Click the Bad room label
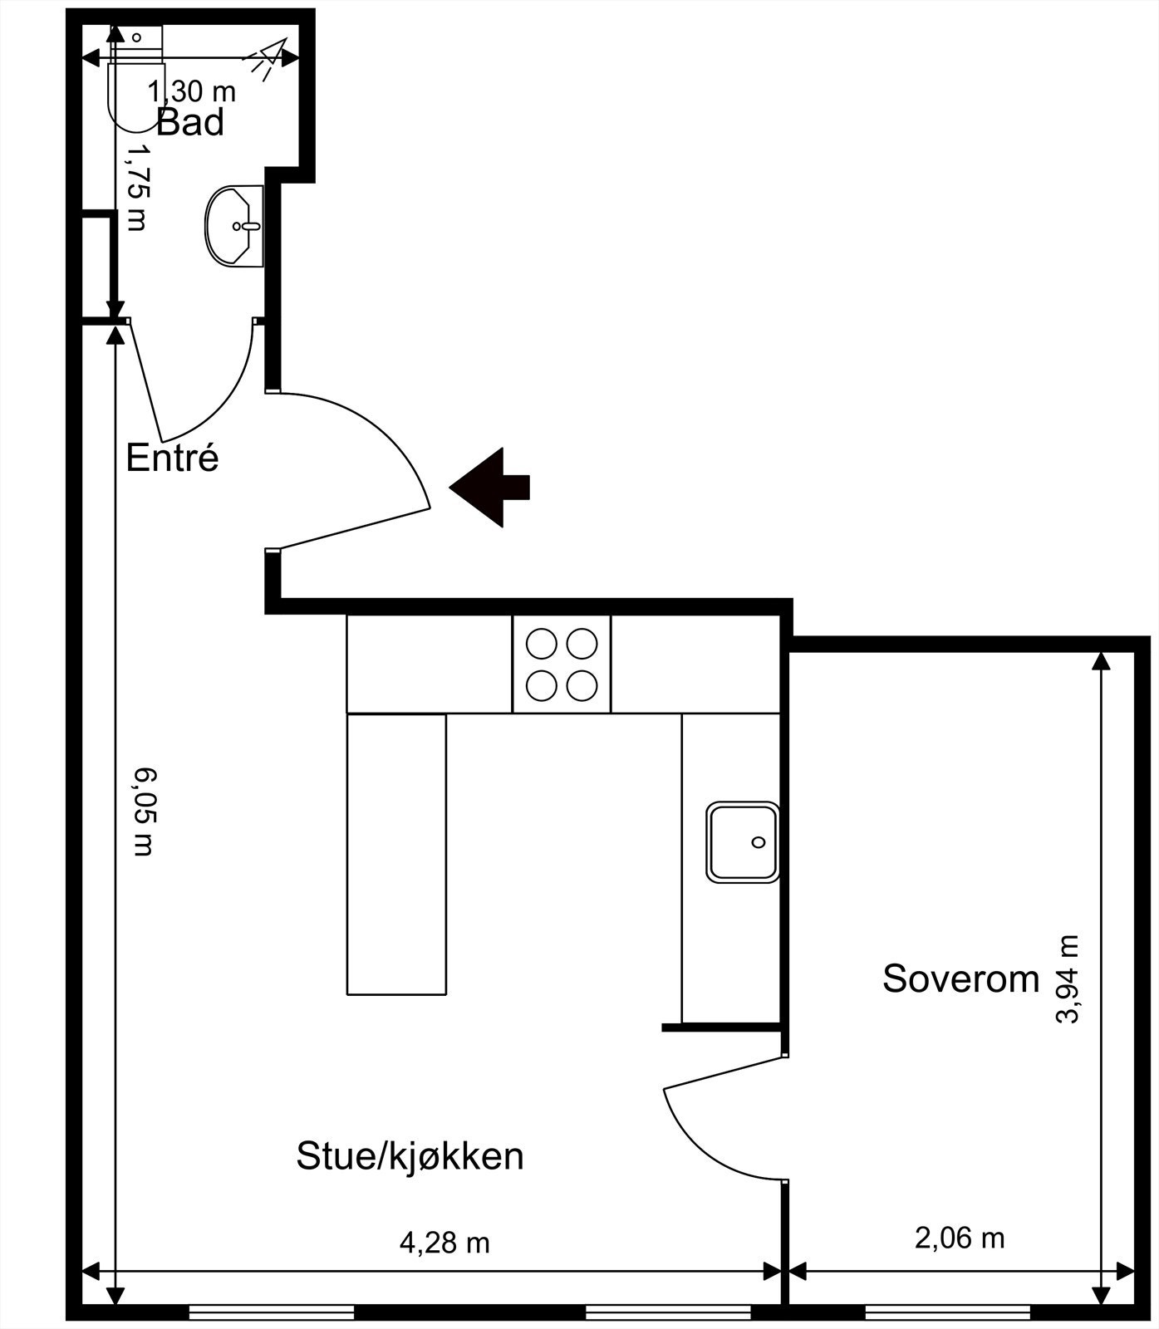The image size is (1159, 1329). pyautogui.click(x=190, y=122)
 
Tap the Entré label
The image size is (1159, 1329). pyautogui.click(x=172, y=458)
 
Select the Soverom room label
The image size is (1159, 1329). pyautogui.click(x=960, y=978)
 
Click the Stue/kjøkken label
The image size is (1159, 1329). pyautogui.click(x=410, y=1155)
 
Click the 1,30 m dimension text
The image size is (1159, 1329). pyautogui.click(x=192, y=91)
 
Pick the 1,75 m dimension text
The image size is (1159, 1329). pyautogui.click(x=136, y=188)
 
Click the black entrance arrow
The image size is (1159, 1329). pyautogui.click(x=490, y=488)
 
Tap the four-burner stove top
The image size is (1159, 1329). pyautogui.click(x=562, y=664)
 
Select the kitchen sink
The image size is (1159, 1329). pyautogui.click(x=742, y=841)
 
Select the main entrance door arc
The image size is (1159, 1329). pyautogui.click(x=390, y=440)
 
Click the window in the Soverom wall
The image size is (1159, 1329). pyautogui.click(x=947, y=1312)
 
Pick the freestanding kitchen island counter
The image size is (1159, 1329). pyautogui.click(x=396, y=854)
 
